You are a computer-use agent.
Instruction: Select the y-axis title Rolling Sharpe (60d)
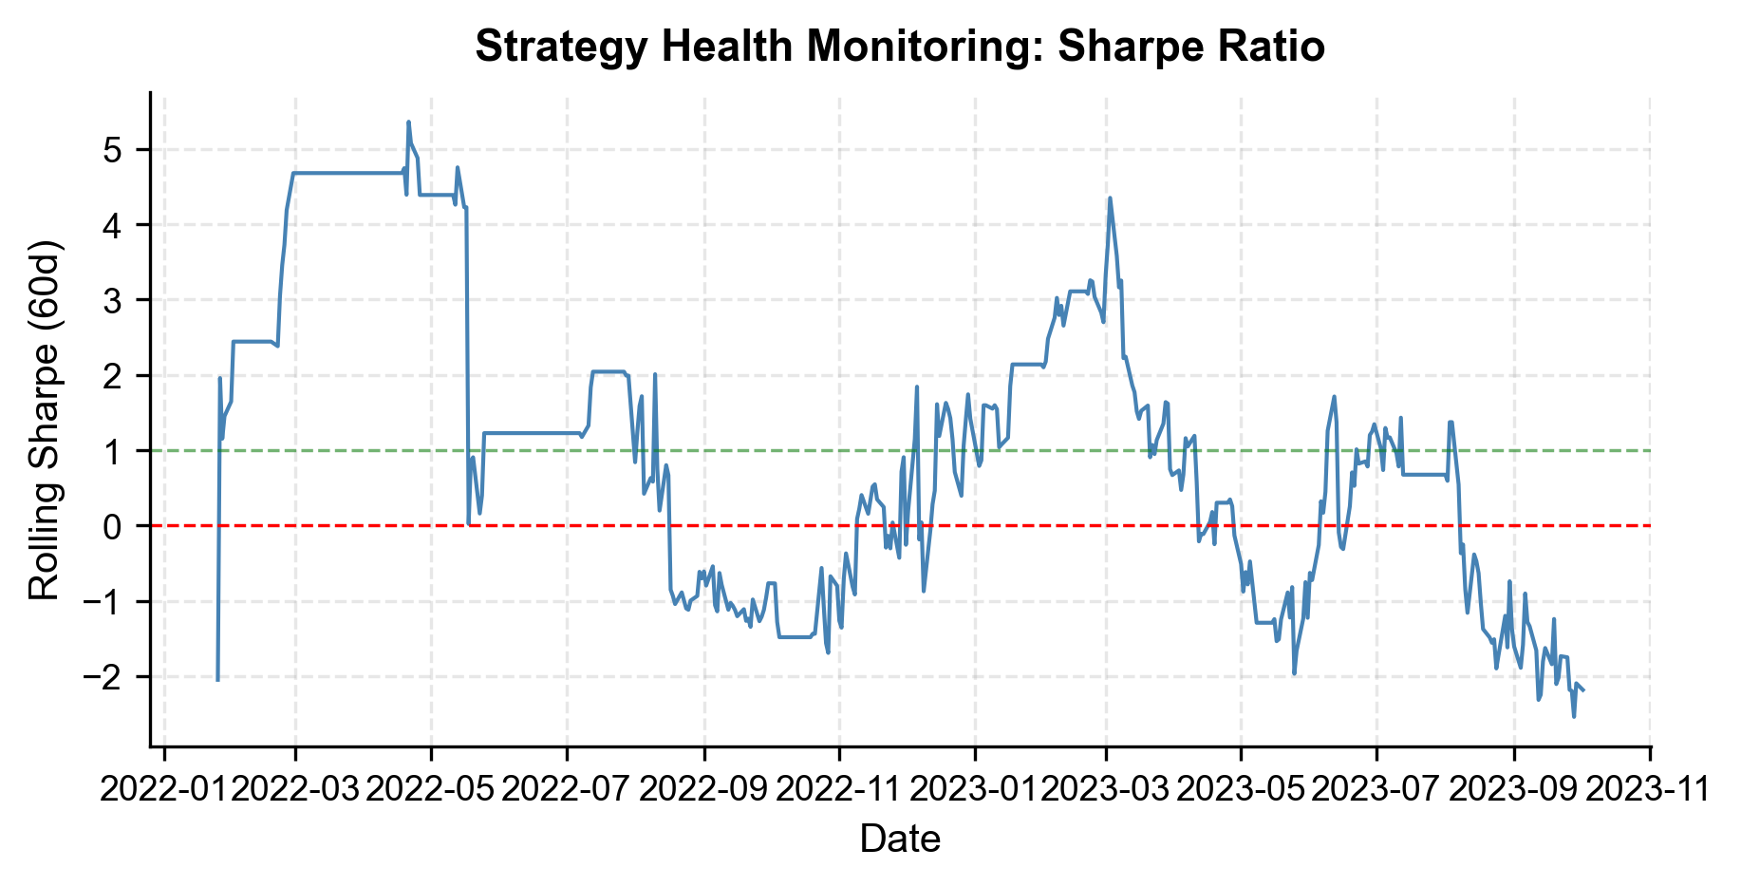(x=45, y=421)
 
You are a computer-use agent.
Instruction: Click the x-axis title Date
(x=899, y=840)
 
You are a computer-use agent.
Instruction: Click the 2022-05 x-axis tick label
(x=431, y=790)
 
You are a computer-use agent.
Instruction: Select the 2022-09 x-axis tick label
(x=704, y=790)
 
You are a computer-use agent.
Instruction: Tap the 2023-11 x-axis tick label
(x=1650, y=790)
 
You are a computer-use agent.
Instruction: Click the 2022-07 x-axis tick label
(x=567, y=790)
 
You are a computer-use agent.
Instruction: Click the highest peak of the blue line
(x=408, y=122)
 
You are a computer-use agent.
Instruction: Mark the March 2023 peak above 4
(x=1110, y=198)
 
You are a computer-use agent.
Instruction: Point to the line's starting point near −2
(x=217, y=680)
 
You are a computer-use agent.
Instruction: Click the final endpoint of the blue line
(x=1583, y=690)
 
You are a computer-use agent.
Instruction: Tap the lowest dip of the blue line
(x=1574, y=716)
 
